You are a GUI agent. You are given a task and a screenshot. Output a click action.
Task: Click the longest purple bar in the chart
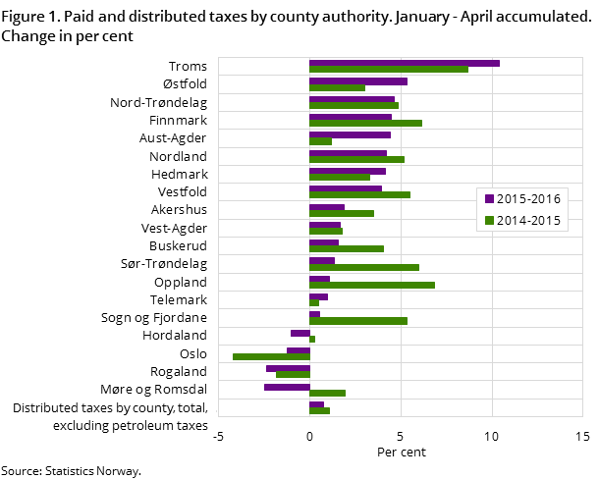click(404, 64)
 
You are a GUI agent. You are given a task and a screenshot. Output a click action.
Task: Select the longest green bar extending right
click(388, 70)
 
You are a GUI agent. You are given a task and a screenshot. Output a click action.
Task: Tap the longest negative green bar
click(271, 356)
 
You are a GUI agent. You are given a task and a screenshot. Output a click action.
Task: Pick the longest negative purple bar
click(287, 387)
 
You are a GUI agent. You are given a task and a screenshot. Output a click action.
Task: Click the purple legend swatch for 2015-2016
click(489, 199)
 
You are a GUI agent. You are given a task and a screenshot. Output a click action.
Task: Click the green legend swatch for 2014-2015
click(489, 221)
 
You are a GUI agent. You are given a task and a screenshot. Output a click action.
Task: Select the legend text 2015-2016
click(529, 199)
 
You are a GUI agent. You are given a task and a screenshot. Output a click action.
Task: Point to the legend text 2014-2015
click(529, 221)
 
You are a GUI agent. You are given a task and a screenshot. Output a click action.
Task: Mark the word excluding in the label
click(85, 426)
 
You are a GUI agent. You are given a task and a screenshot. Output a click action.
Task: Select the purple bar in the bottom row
click(316, 404)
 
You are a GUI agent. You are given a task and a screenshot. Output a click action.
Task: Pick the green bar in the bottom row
click(319, 410)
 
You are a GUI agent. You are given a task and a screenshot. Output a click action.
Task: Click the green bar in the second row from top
click(337, 87)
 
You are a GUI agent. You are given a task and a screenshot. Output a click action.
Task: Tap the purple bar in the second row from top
click(357, 81)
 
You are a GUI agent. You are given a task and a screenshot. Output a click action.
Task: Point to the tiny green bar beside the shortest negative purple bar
click(312, 339)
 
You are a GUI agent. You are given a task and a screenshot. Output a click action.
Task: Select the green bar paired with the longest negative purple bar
click(327, 393)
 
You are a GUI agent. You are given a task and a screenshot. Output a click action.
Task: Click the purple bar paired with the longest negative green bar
click(299, 350)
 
